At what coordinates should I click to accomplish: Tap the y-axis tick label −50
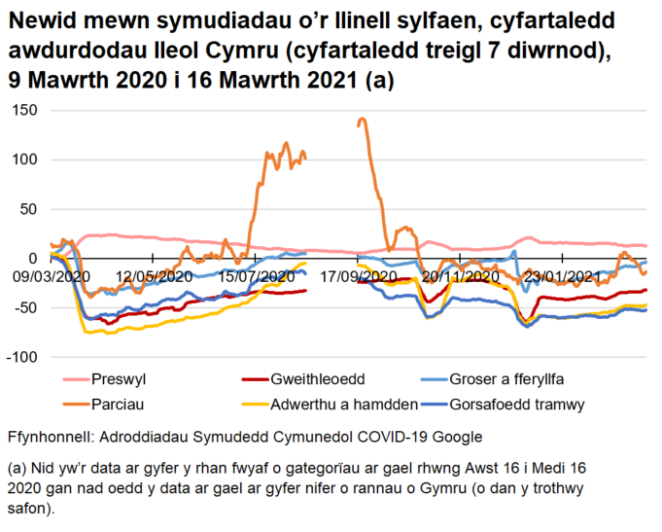[x=24, y=307]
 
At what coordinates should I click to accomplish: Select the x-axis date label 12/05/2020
[x=152, y=276]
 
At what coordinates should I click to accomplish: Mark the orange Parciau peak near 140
[x=362, y=120]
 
